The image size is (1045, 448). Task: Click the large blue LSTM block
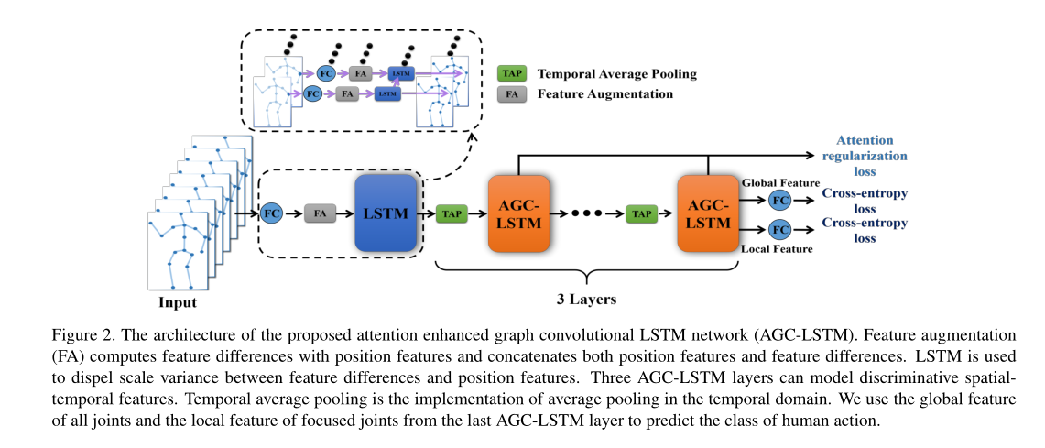tap(386, 213)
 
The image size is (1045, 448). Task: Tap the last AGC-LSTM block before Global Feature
tap(708, 213)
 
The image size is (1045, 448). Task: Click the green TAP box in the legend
tap(508, 73)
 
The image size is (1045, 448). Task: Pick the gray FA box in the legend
tap(508, 93)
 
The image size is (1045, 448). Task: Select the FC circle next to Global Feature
tap(779, 199)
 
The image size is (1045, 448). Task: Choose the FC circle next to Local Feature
tap(779, 230)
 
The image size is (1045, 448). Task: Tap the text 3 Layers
tap(586, 299)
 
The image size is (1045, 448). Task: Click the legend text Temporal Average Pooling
tap(616, 73)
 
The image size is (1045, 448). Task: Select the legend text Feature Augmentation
tap(605, 93)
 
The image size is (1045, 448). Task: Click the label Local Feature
tap(776, 247)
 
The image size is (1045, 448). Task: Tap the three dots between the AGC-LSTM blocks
tap(587, 214)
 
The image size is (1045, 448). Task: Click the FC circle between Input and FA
tap(271, 213)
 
